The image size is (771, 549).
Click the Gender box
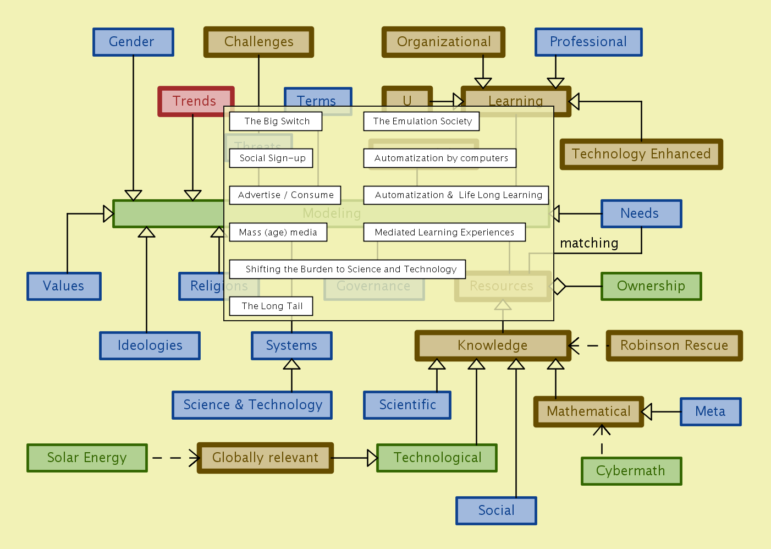[133, 42]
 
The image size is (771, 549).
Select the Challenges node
[258, 42]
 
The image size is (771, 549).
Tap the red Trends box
[195, 101]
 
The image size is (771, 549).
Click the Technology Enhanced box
[641, 154]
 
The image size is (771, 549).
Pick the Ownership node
[651, 286]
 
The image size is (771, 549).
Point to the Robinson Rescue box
[674, 345]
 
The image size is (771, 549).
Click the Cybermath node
[631, 471]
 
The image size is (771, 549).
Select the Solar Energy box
[87, 458]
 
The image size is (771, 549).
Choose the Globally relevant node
[265, 458]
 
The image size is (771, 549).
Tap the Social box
[496, 510]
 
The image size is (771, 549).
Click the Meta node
[710, 411]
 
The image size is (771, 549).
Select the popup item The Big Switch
[276, 122]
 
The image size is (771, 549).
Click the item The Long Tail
[271, 306]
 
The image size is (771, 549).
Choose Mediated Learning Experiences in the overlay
[444, 232]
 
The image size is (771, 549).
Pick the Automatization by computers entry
[440, 158]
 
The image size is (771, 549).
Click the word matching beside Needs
[589, 243]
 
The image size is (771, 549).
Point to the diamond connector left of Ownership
[558, 286]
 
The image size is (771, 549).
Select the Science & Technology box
[252, 405]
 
